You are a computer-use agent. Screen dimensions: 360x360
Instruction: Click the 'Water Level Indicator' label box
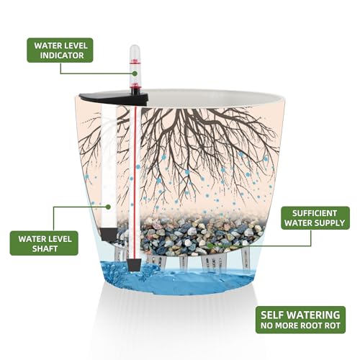pos(60,50)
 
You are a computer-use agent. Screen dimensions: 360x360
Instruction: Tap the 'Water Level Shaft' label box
pos(44,243)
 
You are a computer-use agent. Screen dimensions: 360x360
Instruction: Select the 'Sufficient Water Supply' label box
pos(315,218)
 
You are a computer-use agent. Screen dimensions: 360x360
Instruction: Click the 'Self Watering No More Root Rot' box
pos(300,320)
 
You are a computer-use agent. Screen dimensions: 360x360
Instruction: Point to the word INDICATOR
pos(62,55)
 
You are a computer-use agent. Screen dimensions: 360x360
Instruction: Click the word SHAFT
pos(45,248)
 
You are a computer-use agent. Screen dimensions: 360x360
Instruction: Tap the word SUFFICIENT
pos(315,213)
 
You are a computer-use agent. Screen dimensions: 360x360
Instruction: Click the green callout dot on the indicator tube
pos(135,73)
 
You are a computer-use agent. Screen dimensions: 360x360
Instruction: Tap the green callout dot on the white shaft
pos(109,207)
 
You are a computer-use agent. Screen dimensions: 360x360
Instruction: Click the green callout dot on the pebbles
pos(210,246)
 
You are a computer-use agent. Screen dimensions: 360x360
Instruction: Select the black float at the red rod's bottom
pos(135,265)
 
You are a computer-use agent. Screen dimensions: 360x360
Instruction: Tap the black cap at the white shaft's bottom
pos(109,235)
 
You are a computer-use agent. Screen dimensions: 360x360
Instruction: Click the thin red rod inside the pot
pos(135,183)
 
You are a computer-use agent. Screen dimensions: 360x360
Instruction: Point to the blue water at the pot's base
pos(178,279)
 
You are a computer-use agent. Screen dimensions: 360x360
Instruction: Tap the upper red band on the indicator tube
pos(135,62)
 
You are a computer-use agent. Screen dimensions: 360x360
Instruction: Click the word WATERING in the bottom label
pos(319,315)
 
